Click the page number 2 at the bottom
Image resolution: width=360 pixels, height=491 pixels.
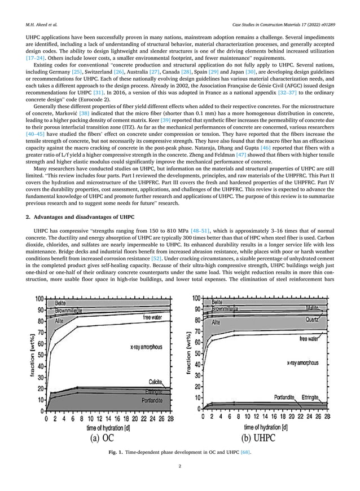pyautogui.click(x=179, y=466)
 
